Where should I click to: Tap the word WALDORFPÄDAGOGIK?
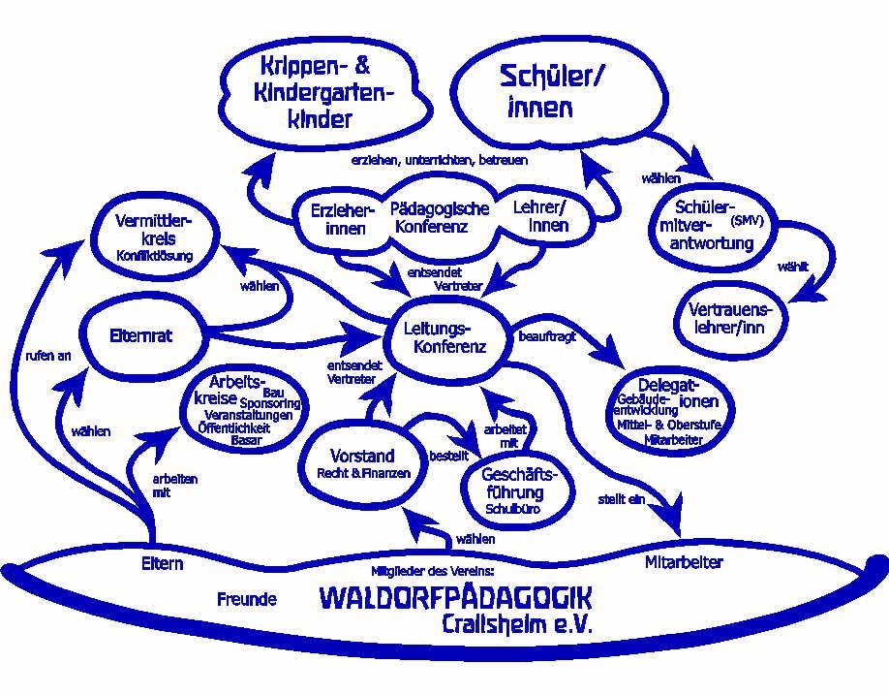tap(455, 596)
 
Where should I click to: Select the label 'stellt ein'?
tap(622, 500)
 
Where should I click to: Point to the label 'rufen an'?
tap(48, 356)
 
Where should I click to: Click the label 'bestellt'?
tap(446, 455)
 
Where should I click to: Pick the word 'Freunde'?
tap(247, 599)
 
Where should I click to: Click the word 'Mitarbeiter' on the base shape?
tap(684, 561)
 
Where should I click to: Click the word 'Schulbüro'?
tap(513, 508)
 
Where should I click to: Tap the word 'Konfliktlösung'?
tap(155, 256)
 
